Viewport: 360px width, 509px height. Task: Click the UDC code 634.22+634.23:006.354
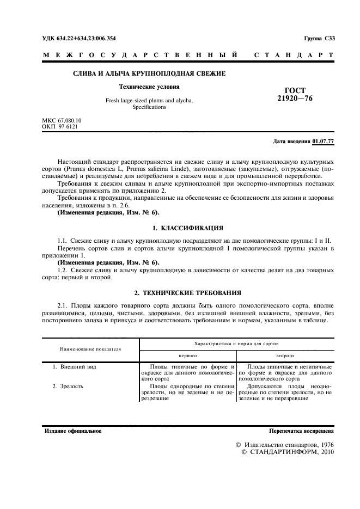pos(79,38)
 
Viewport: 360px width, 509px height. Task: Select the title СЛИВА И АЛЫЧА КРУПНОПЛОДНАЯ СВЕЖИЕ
pos(149,73)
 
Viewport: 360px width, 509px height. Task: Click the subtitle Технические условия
pos(149,87)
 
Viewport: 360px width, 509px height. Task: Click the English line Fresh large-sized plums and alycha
pos(149,101)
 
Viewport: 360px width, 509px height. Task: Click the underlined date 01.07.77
pos(324,142)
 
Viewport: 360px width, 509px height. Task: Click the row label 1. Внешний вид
pos(74,367)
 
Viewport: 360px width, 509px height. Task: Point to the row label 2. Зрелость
pos(70,386)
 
